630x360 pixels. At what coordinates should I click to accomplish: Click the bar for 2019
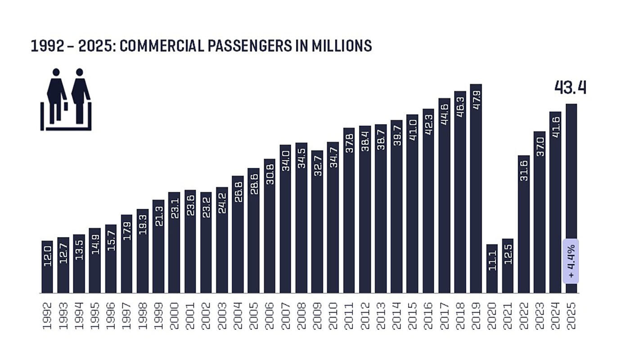click(x=476, y=189)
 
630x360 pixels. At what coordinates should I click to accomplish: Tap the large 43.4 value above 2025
click(x=570, y=88)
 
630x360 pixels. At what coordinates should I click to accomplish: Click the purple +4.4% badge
click(x=571, y=261)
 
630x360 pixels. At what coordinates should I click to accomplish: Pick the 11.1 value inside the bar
click(x=492, y=261)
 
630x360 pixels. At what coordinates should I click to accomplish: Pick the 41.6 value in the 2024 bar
click(x=555, y=127)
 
